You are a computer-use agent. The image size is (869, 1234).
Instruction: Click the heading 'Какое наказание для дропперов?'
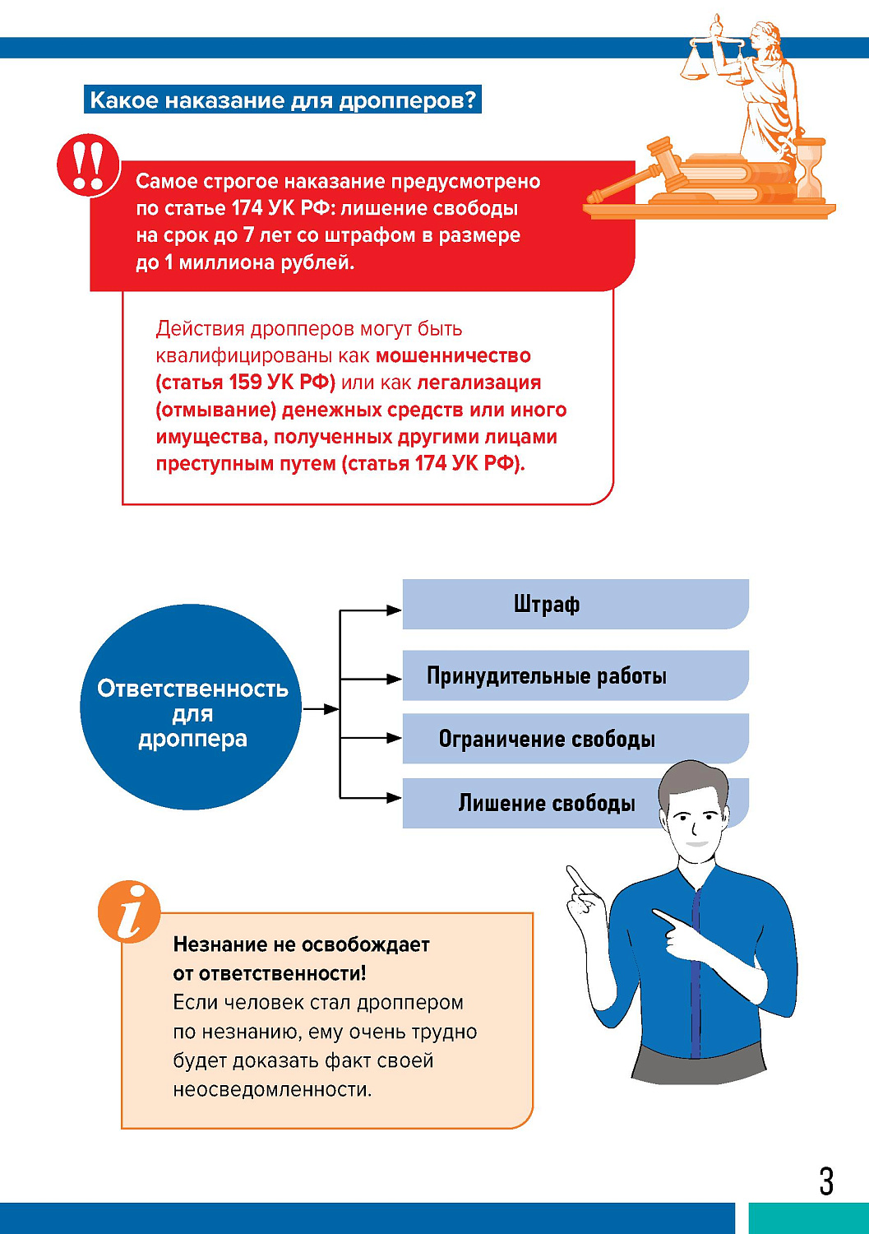[283, 100]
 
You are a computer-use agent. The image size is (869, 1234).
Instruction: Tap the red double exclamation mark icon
[88, 165]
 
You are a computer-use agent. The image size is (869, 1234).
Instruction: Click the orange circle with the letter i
[129, 912]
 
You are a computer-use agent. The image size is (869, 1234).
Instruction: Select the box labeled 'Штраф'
[575, 604]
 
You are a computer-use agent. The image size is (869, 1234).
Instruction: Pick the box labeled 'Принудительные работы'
[575, 675]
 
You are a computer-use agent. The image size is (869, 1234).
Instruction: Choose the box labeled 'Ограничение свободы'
[575, 738]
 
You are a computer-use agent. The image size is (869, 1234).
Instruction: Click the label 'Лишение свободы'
[546, 803]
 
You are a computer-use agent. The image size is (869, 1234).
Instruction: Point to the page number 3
[826, 1181]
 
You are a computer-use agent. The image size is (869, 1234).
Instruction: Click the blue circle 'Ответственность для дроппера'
[191, 707]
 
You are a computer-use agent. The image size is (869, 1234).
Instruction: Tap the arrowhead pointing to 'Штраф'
[394, 610]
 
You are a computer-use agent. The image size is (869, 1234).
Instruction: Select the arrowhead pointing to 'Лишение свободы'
[394, 797]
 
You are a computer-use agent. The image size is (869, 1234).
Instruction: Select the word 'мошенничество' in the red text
[453, 356]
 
